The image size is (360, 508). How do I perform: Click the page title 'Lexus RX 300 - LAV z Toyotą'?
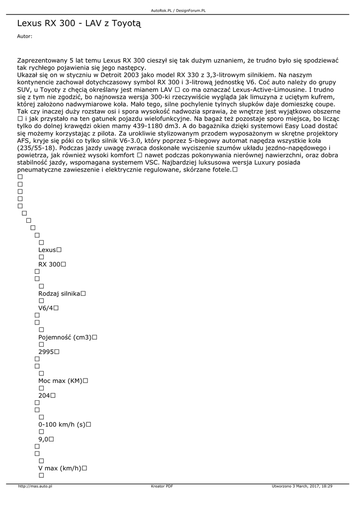pos(79,23)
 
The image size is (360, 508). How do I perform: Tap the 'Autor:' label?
pos(24,36)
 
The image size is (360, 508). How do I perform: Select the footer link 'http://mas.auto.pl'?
pos(35,486)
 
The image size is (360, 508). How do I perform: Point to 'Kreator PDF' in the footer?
pos(162,486)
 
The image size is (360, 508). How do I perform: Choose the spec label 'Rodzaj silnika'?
pos(59,294)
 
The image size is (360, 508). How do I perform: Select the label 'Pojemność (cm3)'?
pos(65,337)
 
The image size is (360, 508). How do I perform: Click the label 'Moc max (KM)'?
pos(60,381)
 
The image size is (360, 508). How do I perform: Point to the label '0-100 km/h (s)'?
pos(62,424)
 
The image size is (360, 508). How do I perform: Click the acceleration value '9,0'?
pos(43,439)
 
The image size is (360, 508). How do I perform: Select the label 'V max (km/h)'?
pos(60,468)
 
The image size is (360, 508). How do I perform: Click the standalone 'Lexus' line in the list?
pos(47,250)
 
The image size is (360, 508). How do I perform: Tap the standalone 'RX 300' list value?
pos(49,264)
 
